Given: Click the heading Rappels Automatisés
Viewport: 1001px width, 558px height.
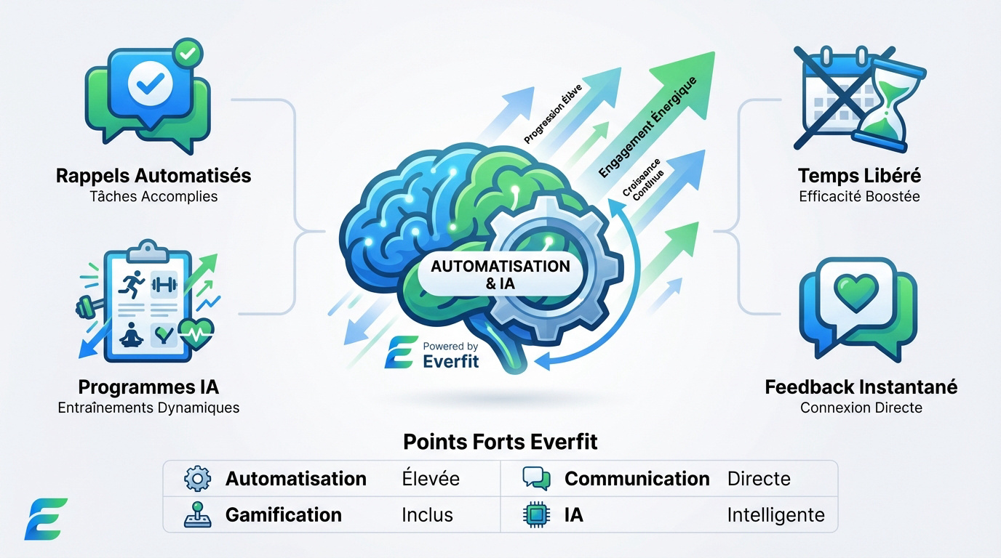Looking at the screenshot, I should pyautogui.click(x=153, y=176).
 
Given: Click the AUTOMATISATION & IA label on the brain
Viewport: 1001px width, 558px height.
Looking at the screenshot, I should pyautogui.click(x=500, y=275).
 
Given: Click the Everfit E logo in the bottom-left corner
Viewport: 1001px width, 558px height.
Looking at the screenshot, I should pyautogui.click(x=45, y=519).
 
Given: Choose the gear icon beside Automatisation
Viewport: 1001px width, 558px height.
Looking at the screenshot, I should pyautogui.click(x=197, y=479).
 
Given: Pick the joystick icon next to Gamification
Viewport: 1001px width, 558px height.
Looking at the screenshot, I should pyautogui.click(x=197, y=515).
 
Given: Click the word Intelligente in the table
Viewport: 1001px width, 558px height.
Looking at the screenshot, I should pyautogui.click(x=775, y=515).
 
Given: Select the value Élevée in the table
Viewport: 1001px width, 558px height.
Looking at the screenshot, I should pyautogui.click(x=431, y=479).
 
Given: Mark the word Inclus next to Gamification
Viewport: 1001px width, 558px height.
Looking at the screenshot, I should pyautogui.click(x=427, y=515).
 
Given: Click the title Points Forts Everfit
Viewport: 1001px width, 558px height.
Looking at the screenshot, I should pyautogui.click(x=500, y=442).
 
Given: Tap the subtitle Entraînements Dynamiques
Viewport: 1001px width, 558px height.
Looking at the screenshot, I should pyautogui.click(x=148, y=408).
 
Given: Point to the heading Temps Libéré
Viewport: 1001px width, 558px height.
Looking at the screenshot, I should pyautogui.click(x=859, y=176).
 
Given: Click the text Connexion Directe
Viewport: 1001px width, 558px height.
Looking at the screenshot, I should pyautogui.click(x=861, y=408).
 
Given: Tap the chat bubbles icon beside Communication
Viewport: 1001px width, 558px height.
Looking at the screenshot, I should pyautogui.click(x=536, y=479).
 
